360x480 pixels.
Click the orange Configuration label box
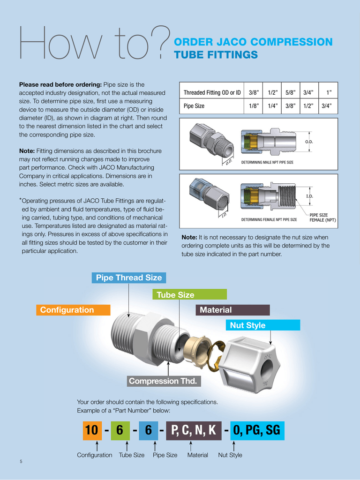point(73,310)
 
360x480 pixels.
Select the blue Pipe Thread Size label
point(129,277)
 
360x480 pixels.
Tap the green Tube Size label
point(189,295)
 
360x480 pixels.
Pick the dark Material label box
point(232,310)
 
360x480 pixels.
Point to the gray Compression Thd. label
point(164,381)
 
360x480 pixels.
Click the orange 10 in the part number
point(92,430)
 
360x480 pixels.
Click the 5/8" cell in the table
point(291,92)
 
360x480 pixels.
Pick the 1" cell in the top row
point(328,92)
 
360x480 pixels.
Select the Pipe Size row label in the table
point(194,106)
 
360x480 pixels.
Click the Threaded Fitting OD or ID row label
point(212,92)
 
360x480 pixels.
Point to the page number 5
point(21,462)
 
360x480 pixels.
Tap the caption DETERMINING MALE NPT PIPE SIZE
point(267,163)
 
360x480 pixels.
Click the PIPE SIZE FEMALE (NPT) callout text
point(322,217)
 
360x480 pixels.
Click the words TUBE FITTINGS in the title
point(216,55)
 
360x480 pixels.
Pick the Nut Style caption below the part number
point(230,455)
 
